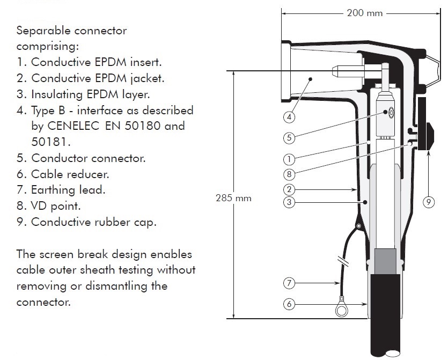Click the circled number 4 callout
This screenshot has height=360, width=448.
coord(289,117)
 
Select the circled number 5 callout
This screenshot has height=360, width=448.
coord(289,138)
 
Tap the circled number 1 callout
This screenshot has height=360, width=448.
coord(289,159)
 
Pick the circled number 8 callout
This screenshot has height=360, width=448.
coord(289,174)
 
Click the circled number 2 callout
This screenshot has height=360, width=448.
coord(289,189)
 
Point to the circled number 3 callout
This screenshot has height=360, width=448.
coord(289,202)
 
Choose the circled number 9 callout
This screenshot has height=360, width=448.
coord(429,202)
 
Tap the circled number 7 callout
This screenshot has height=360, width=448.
coord(289,283)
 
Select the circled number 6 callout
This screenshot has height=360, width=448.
coord(289,304)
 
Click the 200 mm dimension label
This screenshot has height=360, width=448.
coord(365,13)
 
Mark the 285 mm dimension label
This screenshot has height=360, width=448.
coord(234,198)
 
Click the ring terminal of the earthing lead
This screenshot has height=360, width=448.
coord(341,310)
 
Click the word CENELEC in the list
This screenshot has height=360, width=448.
coord(73,126)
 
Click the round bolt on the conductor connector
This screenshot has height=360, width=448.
coord(391,113)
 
